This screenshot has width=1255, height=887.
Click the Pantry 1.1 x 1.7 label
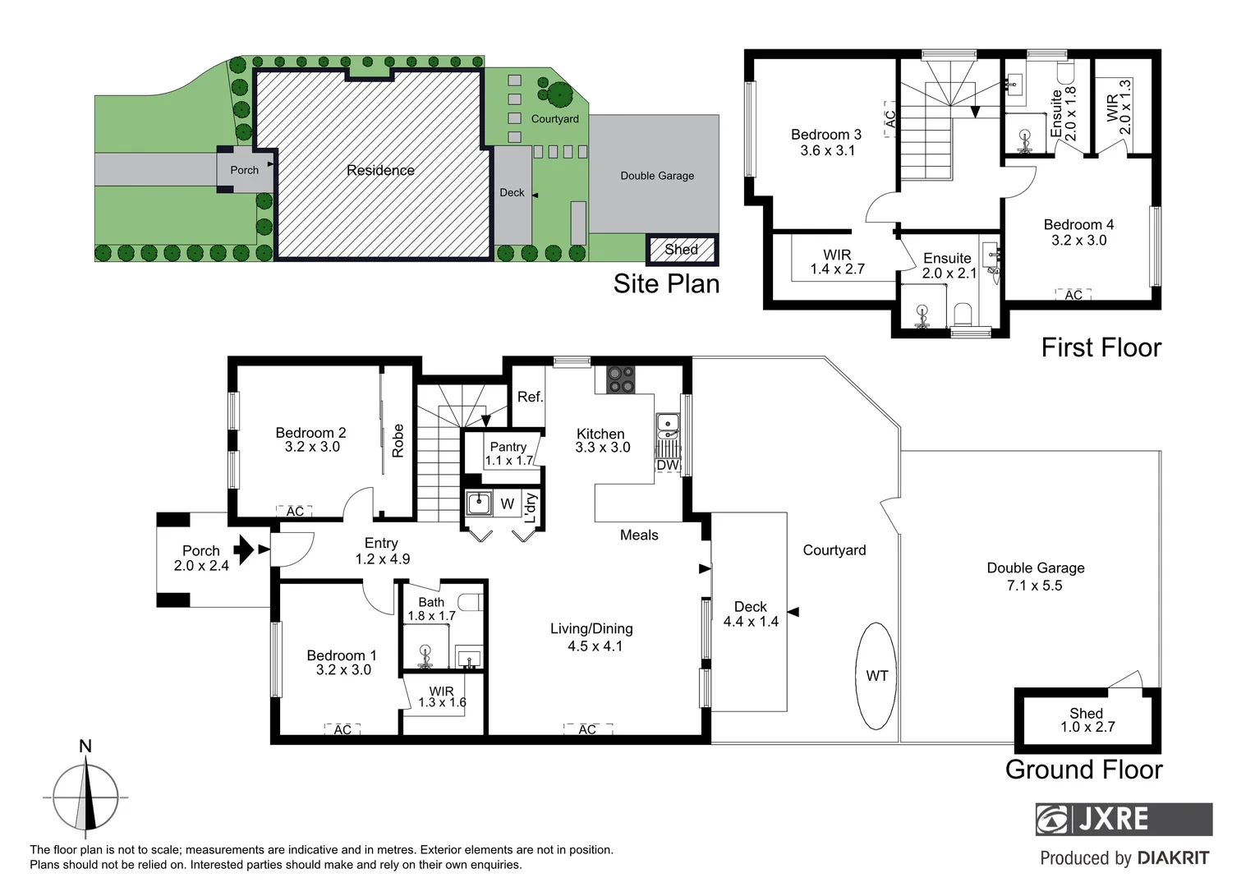508,453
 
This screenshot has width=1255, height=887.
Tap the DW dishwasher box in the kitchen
668,465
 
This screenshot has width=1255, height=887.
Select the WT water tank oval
876,675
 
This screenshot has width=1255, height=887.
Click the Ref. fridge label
530,397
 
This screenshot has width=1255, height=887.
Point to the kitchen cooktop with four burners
620,379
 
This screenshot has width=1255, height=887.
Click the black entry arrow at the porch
244,549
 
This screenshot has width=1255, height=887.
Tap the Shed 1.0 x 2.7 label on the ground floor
1087,720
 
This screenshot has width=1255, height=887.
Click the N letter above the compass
85,747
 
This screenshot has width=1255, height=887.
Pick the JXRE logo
1123,819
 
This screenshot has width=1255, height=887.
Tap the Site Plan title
666,283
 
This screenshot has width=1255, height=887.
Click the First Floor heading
1101,347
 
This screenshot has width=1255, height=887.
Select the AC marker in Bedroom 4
1073,295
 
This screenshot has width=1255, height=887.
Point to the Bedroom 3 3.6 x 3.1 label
826,142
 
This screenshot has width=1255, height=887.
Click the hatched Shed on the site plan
682,250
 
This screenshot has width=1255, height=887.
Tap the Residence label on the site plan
380,170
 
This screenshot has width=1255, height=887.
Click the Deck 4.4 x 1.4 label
750,614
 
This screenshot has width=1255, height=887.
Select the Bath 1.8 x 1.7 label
431,609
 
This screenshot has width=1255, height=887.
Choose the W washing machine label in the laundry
507,504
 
